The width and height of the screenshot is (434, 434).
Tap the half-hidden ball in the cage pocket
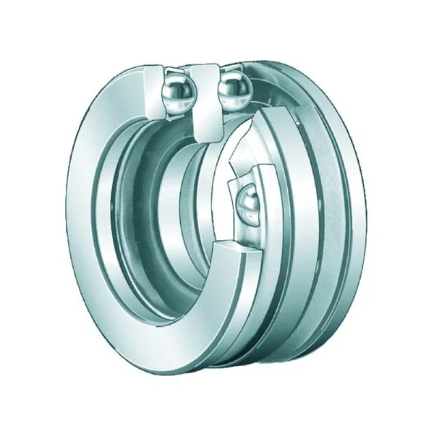coord(248,203)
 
